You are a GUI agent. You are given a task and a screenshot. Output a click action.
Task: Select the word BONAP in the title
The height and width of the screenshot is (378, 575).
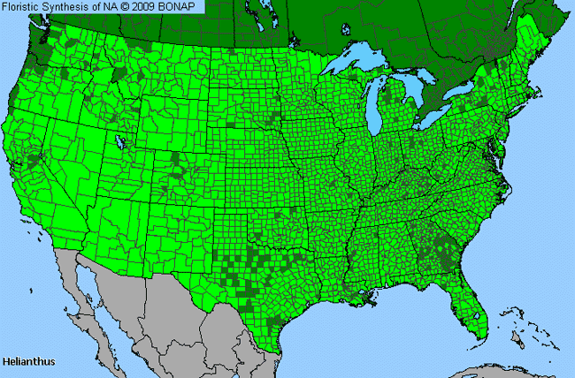[184, 6]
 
